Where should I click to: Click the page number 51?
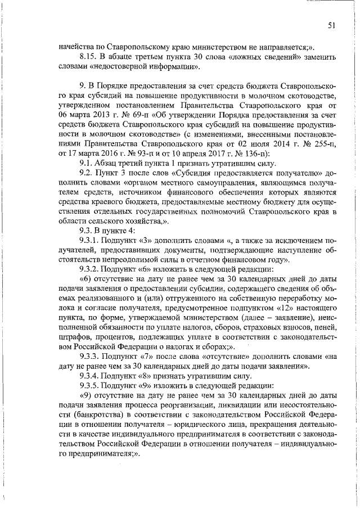tap(332, 25)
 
